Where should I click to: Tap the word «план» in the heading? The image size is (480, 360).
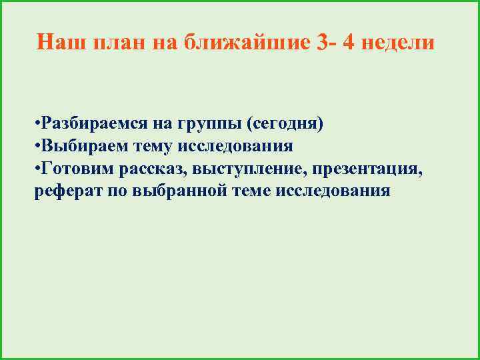(x=114, y=43)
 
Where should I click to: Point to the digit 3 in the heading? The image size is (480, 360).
(x=323, y=43)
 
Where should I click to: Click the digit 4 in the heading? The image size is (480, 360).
(x=349, y=43)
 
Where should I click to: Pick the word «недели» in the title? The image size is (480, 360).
(x=399, y=43)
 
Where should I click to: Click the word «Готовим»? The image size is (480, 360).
(x=77, y=169)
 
